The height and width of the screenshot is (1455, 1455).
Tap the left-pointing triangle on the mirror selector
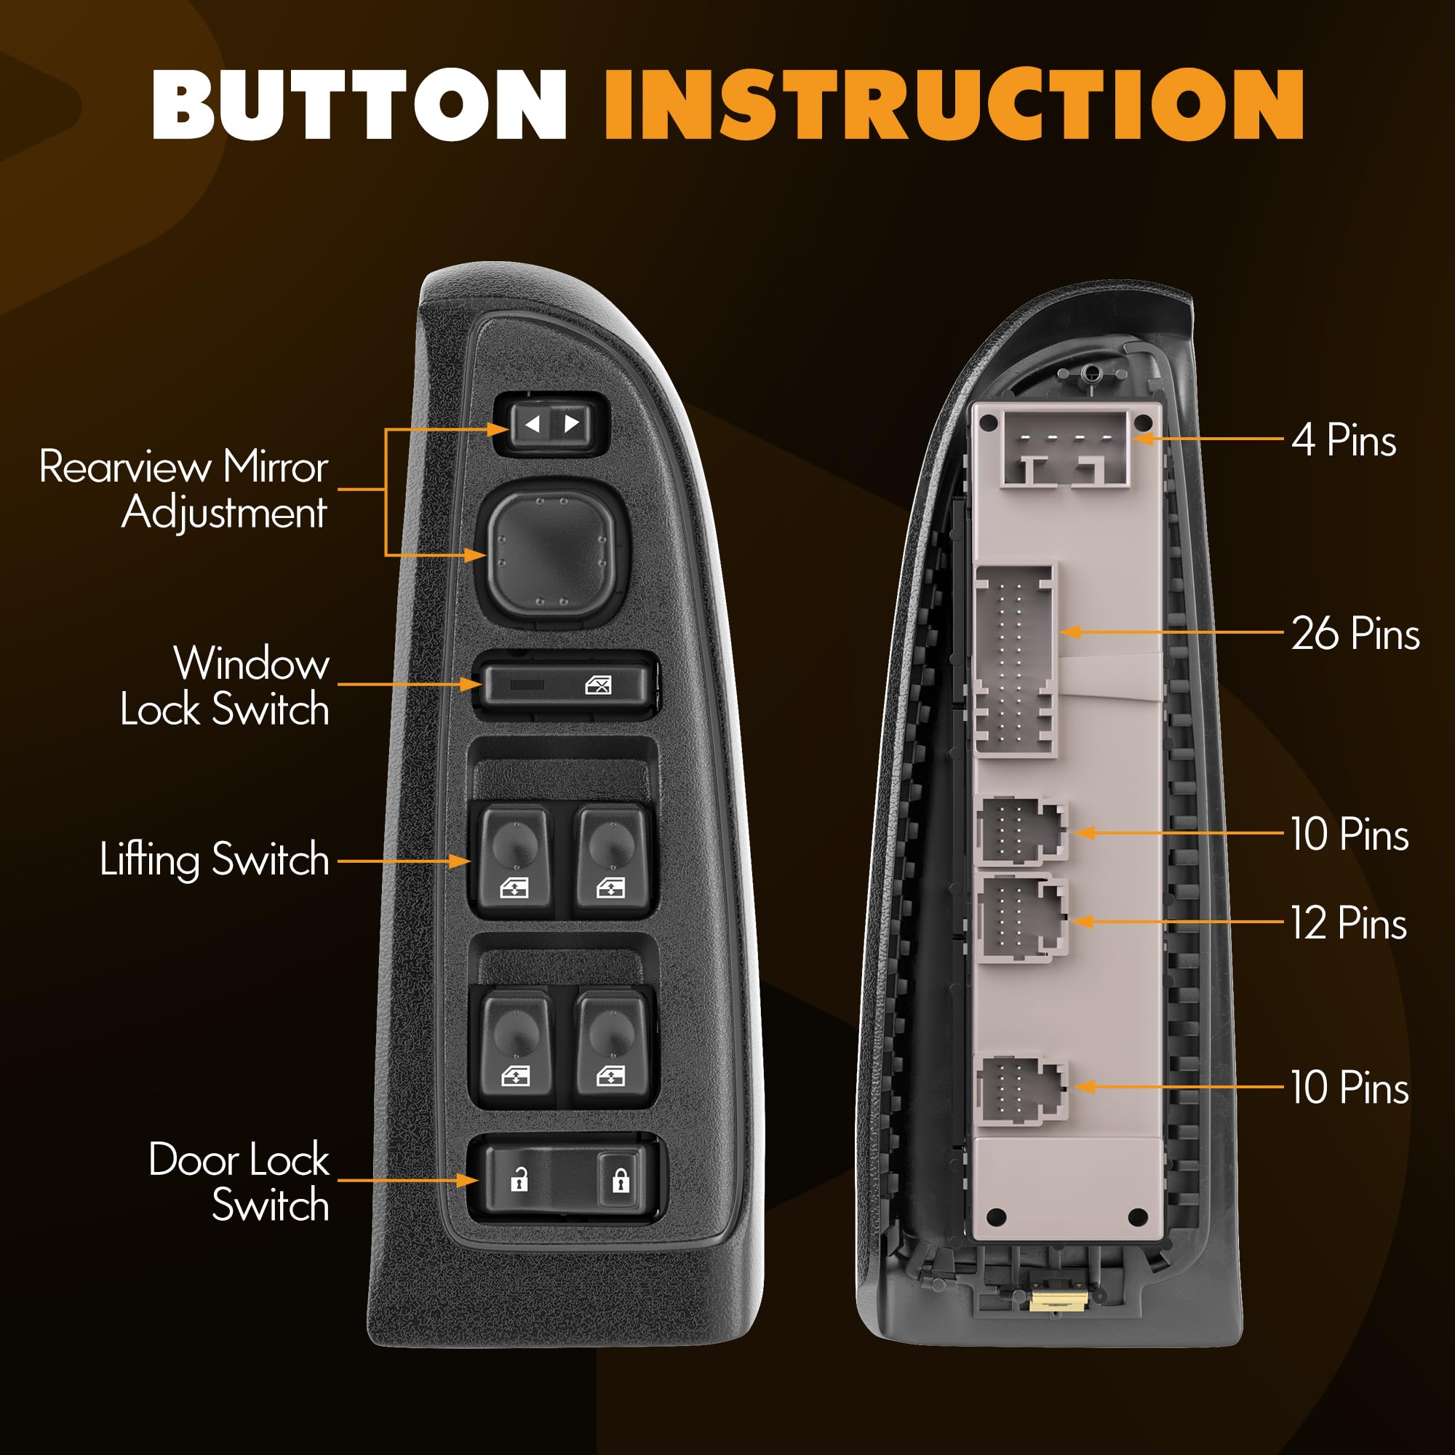point(533,424)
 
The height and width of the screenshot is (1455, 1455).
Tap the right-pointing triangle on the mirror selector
point(572,423)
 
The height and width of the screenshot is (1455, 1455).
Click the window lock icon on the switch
point(598,685)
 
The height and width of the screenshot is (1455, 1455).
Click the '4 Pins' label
point(1344,440)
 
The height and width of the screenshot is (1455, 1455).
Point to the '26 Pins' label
point(1355,634)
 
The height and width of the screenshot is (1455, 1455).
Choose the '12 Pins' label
point(1349,923)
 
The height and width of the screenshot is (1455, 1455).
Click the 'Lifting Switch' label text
point(215,859)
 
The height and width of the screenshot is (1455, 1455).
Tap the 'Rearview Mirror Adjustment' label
point(184,490)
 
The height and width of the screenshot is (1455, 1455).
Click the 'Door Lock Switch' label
point(239,1181)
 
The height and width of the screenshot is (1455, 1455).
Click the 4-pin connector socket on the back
point(1065,449)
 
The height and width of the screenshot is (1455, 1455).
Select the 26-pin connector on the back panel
point(1015,661)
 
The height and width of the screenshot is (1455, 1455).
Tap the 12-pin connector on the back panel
point(1021,918)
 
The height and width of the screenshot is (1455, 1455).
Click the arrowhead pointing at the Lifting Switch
point(461,860)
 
